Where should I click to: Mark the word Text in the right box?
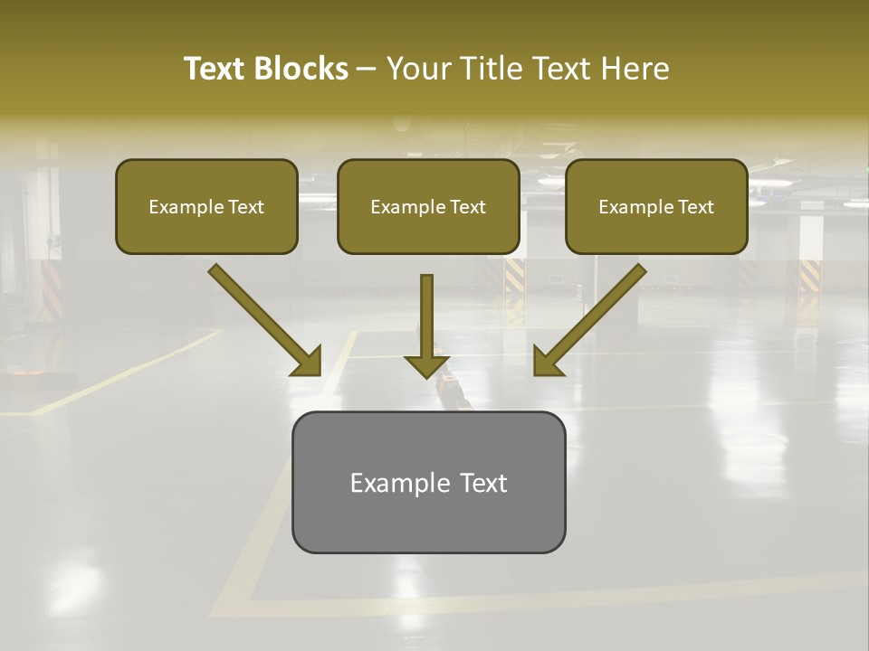[x=695, y=207]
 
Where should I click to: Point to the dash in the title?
[x=367, y=69]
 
